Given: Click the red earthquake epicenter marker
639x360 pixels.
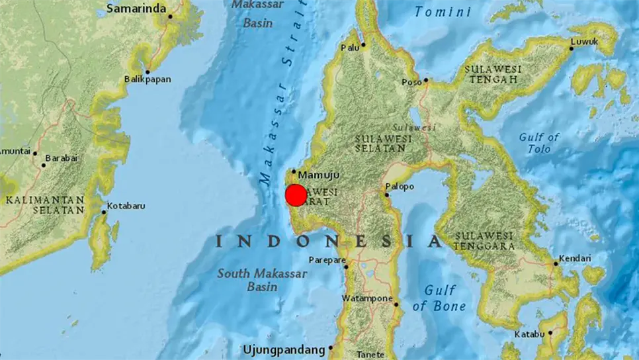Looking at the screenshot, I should (x=296, y=195).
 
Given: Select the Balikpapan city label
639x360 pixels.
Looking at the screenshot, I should (x=148, y=79).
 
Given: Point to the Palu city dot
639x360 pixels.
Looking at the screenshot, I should (x=363, y=44).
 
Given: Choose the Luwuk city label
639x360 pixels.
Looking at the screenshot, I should (x=585, y=42).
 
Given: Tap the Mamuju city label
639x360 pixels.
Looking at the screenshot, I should (x=319, y=175).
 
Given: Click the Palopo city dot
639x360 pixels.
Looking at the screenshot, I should (x=387, y=195).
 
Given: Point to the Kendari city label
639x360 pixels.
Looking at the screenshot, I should (x=575, y=258).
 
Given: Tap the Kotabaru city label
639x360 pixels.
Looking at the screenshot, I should (x=128, y=206).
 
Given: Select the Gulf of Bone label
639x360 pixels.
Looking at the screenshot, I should (x=439, y=298).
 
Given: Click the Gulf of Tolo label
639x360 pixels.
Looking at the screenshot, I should (x=539, y=143).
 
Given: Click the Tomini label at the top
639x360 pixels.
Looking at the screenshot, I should (x=443, y=12).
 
